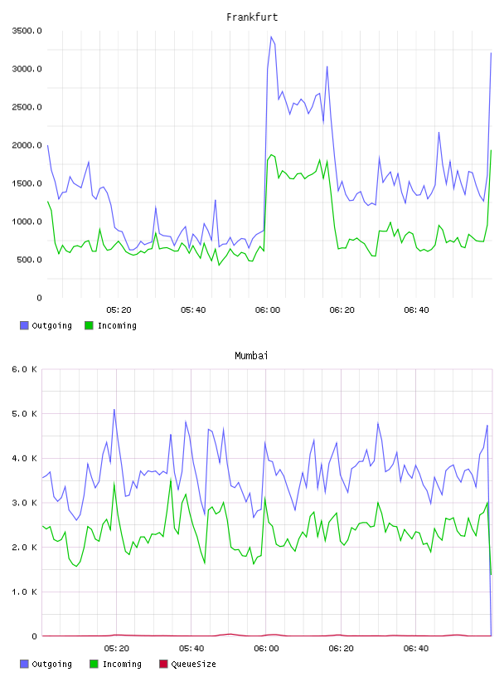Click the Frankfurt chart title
point(252,17)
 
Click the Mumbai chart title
point(251,356)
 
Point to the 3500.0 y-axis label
point(27,31)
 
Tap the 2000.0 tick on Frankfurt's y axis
point(27,145)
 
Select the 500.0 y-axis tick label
point(29,260)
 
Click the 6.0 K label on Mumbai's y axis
point(24,369)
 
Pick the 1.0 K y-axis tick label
point(24,592)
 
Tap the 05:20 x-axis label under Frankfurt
point(119,310)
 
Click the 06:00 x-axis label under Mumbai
point(266,649)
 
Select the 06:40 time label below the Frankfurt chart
point(416,310)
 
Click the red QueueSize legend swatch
point(163,664)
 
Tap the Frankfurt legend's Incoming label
point(117,325)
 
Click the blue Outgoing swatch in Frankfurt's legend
point(24,325)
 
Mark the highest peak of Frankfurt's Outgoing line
point(271,37)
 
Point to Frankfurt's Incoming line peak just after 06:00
point(271,155)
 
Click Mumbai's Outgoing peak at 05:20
point(114,409)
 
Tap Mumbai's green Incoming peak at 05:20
point(114,483)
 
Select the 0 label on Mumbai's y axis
point(34,636)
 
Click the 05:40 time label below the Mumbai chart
point(191,649)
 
